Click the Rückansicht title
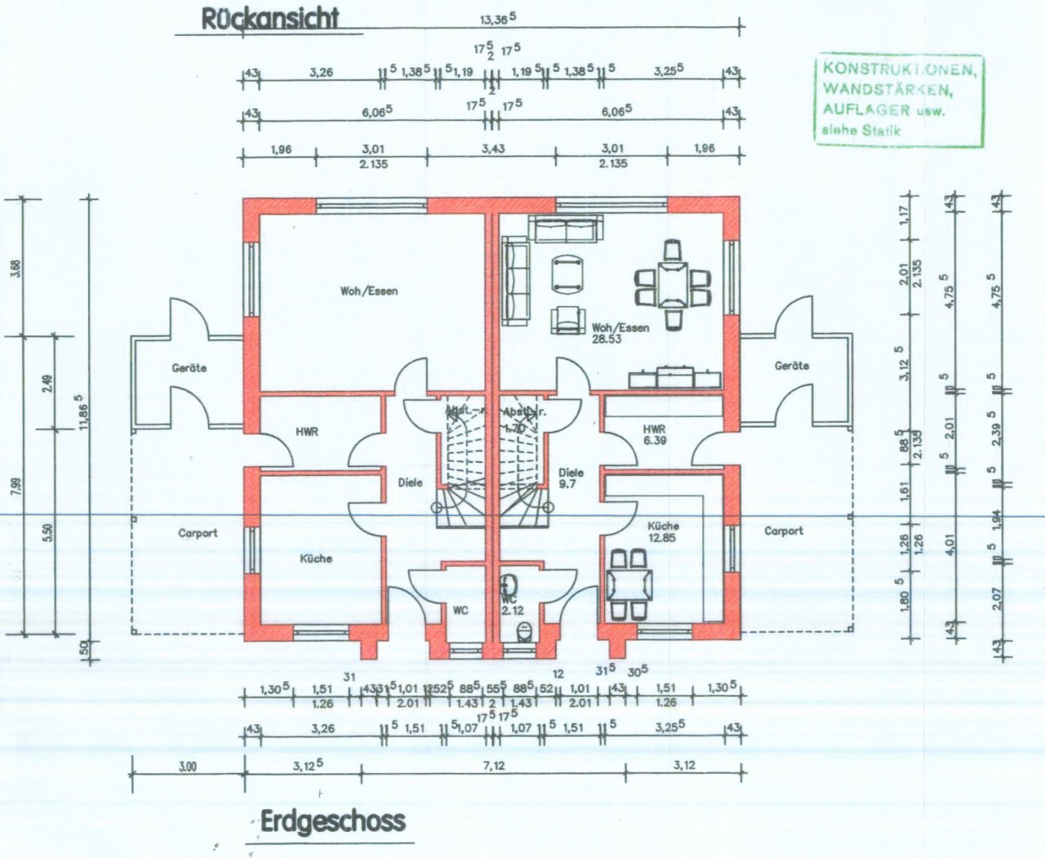tap(269, 19)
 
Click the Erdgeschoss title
tap(332, 820)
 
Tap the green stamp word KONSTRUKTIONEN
tap(898, 69)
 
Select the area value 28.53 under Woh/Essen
tap(607, 340)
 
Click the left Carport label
tap(198, 533)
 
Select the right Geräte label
tap(791, 366)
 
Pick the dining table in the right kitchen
tap(629, 585)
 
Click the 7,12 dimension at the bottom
tap(495, 765)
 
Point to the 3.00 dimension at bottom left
tap(188, 766)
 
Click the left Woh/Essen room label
tap(370, 290)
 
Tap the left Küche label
tap(316, 558)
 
